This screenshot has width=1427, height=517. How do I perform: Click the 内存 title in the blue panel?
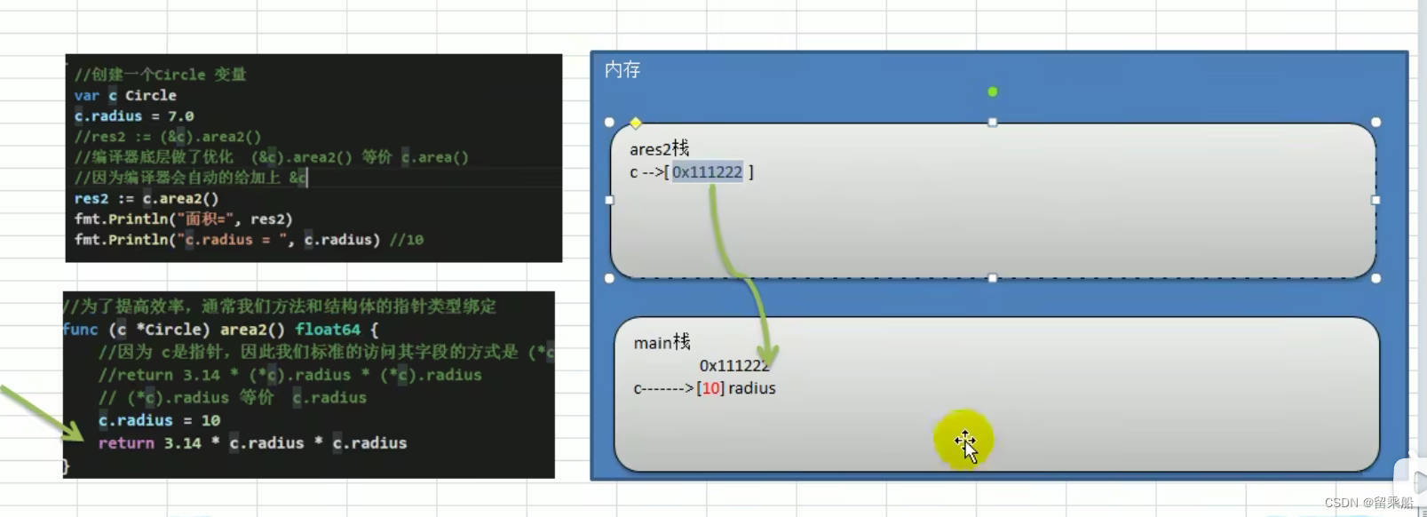(x=622, y=70)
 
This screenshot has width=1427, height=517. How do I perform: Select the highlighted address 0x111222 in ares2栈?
(x=707, y=172)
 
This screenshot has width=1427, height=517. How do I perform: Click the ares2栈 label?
(x=659, y=148)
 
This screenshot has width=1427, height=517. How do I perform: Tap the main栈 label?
(x=662, y=342)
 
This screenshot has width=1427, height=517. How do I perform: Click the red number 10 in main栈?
(x=710, y=388)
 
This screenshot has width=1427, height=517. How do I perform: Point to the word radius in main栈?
(x=751, y=388)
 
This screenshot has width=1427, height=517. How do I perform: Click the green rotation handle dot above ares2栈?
(x=993, y=91)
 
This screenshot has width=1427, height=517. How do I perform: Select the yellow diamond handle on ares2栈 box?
(x=636, y=123)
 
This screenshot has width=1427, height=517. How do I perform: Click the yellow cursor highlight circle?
(x=963, y=439)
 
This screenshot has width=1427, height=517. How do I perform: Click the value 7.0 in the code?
(x=180, y=116)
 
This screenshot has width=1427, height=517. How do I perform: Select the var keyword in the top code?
(x=86, y=96)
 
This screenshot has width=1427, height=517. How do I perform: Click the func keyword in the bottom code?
(x=80, y=330)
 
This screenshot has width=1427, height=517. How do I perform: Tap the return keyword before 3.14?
(x=125, y=443)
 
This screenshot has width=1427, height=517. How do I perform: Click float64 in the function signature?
(x=328, y=330)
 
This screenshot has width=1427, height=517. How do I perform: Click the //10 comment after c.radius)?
(x=406, y=240)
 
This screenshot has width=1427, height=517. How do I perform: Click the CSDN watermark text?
(x=1368, y=503)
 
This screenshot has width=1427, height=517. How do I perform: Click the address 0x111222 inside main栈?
(x=733, y=366)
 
